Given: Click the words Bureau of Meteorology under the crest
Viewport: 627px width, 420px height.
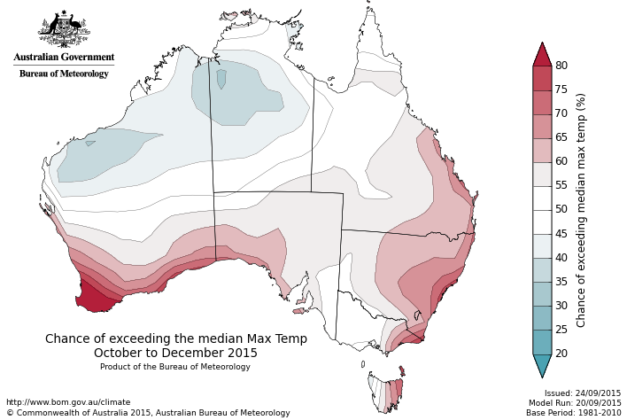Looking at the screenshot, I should click(64, 74).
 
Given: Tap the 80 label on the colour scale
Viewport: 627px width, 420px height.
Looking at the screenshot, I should click(561, 66).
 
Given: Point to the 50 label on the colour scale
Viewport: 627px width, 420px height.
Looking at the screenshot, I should click(561, 209).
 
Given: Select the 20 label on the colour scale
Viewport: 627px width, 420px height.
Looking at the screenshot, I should click(561, 354).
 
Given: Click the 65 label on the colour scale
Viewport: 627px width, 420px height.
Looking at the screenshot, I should click(561, 137).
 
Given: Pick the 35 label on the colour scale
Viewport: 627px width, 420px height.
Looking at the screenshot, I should click(561, 282).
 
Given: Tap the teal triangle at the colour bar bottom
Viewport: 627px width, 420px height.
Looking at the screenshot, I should click(542, 365).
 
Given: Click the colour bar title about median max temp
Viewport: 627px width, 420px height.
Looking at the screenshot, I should click(582, 210).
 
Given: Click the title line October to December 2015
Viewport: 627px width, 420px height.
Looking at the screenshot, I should click(175, 353).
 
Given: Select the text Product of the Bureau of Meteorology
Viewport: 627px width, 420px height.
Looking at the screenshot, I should click(175, 367).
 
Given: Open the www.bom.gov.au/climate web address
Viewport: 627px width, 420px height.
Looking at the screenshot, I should click(68, 401).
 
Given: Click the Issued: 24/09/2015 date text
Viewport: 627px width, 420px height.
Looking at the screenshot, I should click(583, 393).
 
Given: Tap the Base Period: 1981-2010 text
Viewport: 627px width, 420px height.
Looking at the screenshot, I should click(574, 413).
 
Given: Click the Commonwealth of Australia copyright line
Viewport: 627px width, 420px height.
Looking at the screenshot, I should click(148, 413).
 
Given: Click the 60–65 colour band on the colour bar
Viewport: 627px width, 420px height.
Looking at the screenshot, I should click(542, 150).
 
